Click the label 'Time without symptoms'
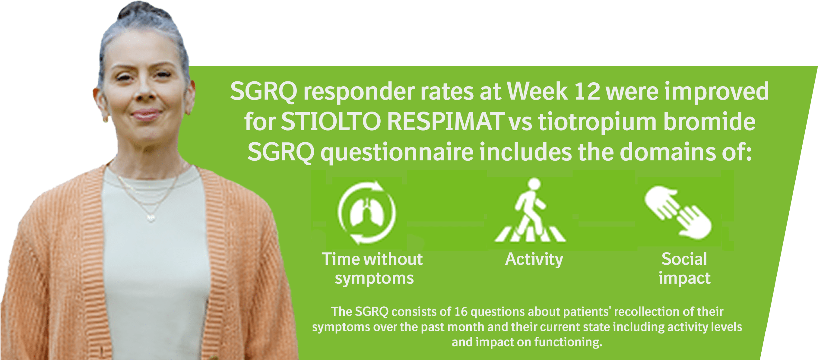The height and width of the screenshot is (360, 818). pyautogui.click(x=372, y=269)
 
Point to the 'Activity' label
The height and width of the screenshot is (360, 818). pyautogui.click(x=534, y=259)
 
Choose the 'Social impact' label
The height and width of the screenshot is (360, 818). pyautogui.click(x=684, y=269)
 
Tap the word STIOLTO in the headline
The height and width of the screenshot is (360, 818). pyautogui.click(x=331, y=122)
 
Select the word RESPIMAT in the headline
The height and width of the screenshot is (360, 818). pyautogui.click(x=445, y=122)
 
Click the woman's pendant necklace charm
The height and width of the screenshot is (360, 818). pyautogui.click(x=151, y=218)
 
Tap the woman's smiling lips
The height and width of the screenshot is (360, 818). pyautogui.click(x=147, y=114)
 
